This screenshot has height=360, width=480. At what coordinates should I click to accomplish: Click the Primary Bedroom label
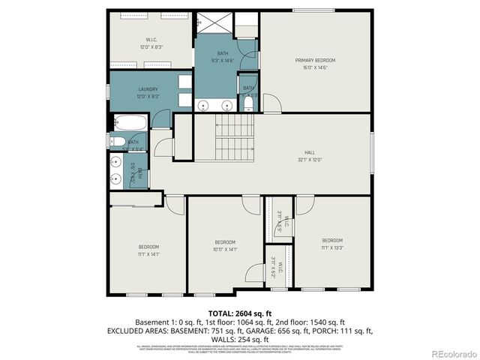pyautogui.click(x=315, y=60)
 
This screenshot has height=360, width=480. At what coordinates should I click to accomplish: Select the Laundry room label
pyautogui.click(x=148, y=89)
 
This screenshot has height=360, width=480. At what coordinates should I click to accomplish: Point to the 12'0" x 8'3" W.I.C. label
pyautogui.click(x=151, y=47)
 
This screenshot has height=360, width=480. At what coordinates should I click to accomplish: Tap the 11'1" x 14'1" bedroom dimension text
pyautogui.click(x=148, y=254)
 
